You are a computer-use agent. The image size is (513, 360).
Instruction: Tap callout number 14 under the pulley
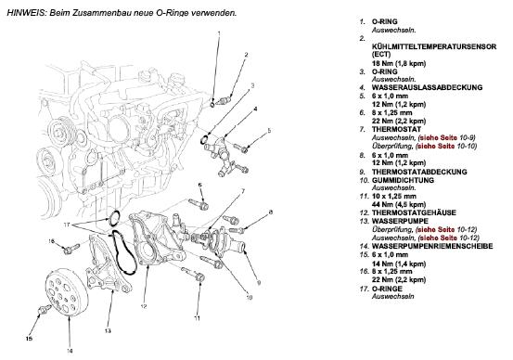point(70,351)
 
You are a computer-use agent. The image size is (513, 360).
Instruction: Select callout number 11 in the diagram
point(197,317)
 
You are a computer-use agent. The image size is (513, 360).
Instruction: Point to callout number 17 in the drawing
point(67,225)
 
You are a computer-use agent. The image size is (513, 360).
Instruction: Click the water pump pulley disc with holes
point(66,292)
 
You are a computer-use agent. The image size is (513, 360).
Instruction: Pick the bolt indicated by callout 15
point(45,309)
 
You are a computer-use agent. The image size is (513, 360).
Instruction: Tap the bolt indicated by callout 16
point(71,249)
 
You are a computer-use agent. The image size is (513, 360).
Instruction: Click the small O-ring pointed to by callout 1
point(212,105)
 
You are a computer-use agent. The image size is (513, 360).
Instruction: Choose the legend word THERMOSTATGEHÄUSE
point(414,213)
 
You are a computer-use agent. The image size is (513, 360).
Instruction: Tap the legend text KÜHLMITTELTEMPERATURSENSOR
point(434,46)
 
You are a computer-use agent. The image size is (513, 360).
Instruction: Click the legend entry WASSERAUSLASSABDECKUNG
point(427,88)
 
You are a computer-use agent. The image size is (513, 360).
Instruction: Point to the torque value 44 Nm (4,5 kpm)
point(399,204)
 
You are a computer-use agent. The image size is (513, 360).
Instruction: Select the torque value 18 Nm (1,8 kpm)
point(399,63)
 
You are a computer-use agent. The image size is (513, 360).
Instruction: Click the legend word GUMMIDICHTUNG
point(403,180)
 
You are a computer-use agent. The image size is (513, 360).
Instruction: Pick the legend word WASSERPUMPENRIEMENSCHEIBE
point(432,246)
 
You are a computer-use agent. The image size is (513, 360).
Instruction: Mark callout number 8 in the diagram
point(270,212)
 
